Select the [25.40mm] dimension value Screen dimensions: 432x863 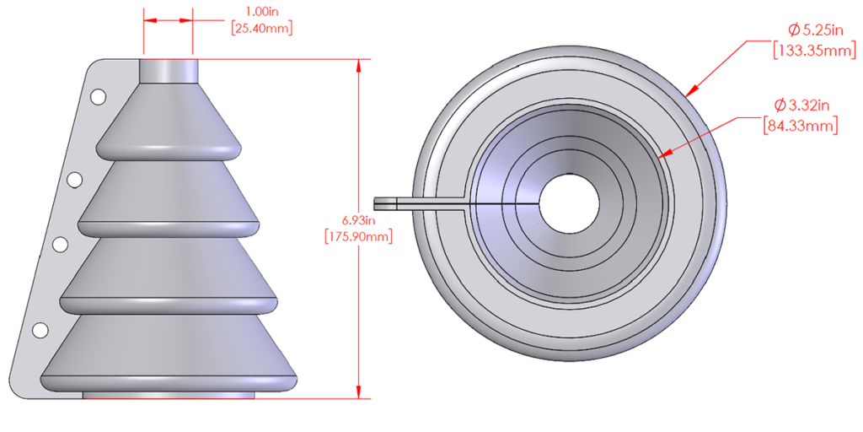point(261,28)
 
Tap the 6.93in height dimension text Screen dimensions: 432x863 point(358,220)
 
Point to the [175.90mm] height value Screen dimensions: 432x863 point(358,236)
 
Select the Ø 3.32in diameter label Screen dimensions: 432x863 point(803,105)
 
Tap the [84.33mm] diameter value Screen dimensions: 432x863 point(801,126)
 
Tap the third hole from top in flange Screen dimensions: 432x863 point(61,245)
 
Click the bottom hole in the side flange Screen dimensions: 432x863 point(39,329)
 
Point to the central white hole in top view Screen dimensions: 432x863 point(569,204)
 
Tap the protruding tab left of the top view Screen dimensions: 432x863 point(396,202)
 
